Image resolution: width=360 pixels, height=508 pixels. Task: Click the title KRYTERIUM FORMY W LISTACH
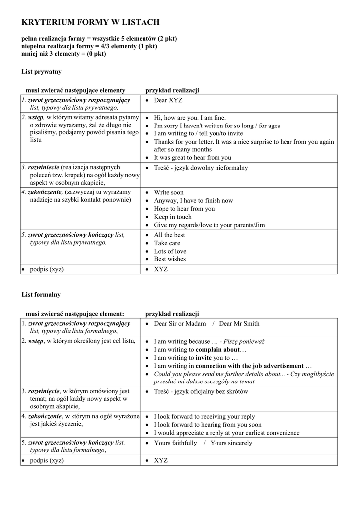pyautogui.click(x=90, y=22)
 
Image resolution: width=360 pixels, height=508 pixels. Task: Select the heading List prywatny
pyautogui.click(x=41, y=72)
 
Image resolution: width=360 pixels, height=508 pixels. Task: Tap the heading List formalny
pyautogui.click(x=41, y=294)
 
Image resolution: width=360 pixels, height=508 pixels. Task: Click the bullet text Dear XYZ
pyautogui.click(x=168, y=100)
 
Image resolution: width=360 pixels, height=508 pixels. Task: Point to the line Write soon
pyautogui.click(x=169, y=192)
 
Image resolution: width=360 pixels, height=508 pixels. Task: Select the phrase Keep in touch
pyautogui.click(x=173, y=217)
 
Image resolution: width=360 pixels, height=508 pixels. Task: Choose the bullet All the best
pyautogui.click(x=170, y=235)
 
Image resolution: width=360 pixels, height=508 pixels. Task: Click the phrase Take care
pyautogui.click(x=167, y=243)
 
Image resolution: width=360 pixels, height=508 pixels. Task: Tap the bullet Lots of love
pyautogui.click(x=170, y=251)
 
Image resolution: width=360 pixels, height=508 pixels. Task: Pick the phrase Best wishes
pyautogui.click(x=170, y=259)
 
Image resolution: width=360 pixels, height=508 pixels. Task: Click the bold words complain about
pyautogui.click(x=217, y=349)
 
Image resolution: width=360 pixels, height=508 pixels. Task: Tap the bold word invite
pyautogui.click(x=204, y=358)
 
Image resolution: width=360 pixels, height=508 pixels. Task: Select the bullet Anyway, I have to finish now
pyautogui.click(x=194, y=201)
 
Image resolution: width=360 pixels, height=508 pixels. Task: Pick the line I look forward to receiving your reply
pyautogui.click(x=205, y=417)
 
